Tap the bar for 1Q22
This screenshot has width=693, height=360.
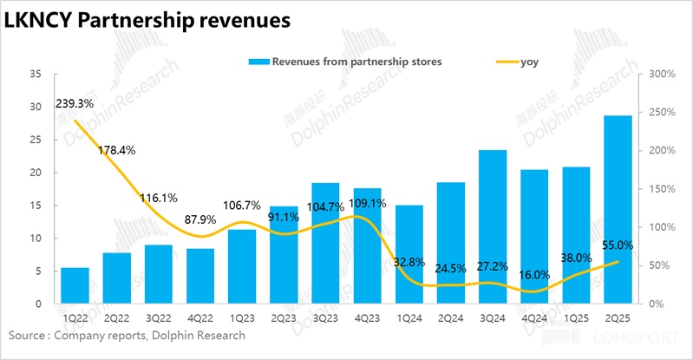(75, 285)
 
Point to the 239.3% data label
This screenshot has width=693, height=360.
(75, 103)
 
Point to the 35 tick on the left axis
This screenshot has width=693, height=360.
(35, 75)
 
